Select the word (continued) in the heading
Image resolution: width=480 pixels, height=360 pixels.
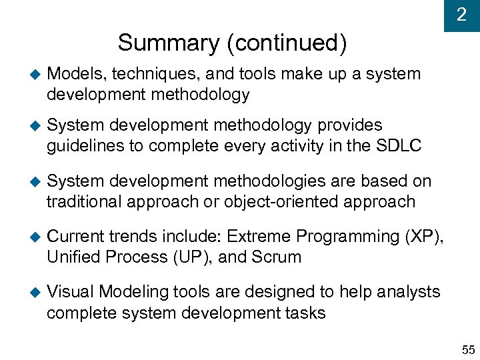[287, 43]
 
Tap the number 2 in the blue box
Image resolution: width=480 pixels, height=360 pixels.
[461, 15]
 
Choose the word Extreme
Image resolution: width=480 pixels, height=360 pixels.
[260, 236]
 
